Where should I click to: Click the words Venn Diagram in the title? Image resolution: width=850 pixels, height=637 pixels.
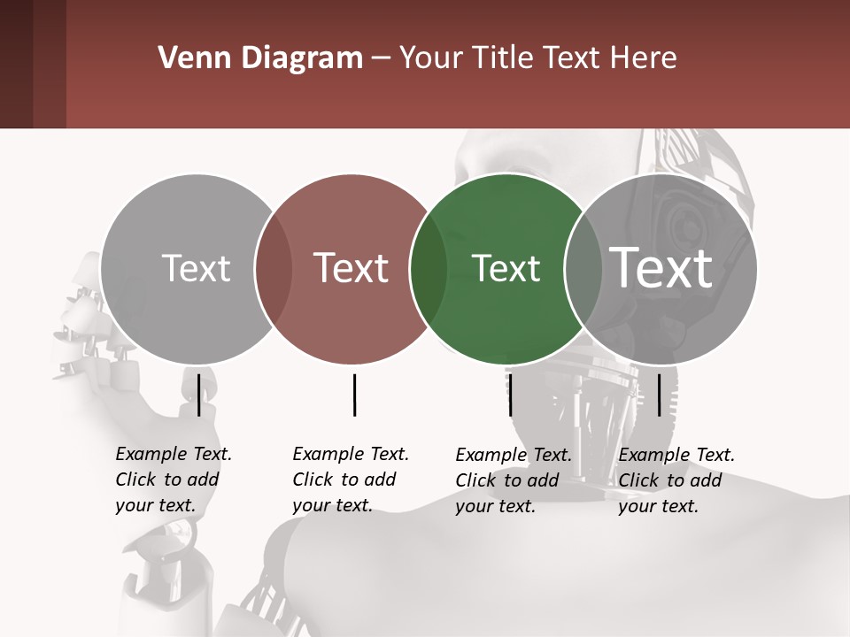click(x=260, y=58)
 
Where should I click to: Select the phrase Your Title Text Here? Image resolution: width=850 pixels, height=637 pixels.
click(x=537, y=58)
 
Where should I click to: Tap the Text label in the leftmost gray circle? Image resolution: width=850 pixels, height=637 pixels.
click(x=196, y=268)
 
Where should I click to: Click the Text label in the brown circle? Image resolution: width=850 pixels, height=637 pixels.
click(x=352, y=268)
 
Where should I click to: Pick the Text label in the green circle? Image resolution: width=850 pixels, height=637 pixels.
click(x=506, y=268)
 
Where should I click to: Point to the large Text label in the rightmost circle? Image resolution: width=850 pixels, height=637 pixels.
click(x=661, y=267)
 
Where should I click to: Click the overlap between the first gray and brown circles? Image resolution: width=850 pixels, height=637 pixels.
click(x=274, y=269)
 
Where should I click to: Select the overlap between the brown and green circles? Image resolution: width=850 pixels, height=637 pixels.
click(x=429, y=269)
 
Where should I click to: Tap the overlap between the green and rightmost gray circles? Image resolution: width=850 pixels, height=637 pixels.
click(x=583, y=269)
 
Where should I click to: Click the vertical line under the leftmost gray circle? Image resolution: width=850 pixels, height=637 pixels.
click(x=198, y=395)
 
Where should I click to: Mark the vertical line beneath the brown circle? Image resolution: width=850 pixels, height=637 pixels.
click(x=354, y=395)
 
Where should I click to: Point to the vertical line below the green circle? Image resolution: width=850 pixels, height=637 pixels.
click(x=510, y=395)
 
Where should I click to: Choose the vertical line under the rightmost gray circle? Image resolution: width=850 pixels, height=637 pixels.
click(x=659, y=395)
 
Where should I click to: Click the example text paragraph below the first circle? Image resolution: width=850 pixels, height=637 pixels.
click(x=174, y=480)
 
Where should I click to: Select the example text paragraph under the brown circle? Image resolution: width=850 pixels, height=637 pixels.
click(x=351, y=480)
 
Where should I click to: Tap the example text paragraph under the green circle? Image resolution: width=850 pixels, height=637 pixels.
click(x=514, y=480)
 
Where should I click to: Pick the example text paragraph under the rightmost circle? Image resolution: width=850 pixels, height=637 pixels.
click(x=676, y=480)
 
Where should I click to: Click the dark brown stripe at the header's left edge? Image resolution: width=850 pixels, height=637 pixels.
click(x=16, y=64)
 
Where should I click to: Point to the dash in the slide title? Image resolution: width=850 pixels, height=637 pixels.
click(x=381, y=59)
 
